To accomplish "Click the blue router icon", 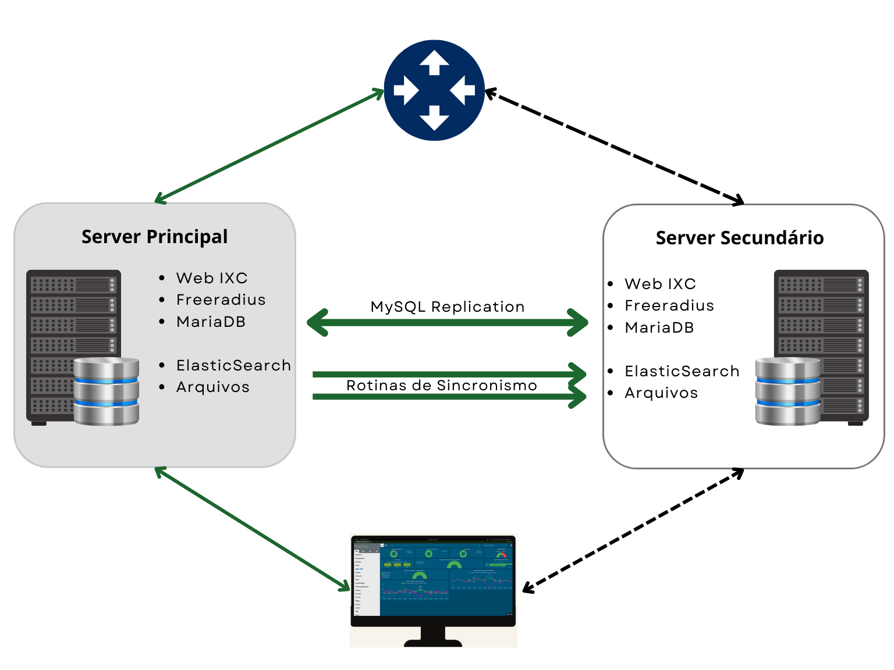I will pos(434,90).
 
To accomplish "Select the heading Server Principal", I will pos(154,237).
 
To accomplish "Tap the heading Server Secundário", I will pos(739,238).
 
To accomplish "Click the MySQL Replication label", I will pos(448,307).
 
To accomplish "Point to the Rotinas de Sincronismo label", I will pos(441,385).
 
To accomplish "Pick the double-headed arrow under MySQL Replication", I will pos(447,323).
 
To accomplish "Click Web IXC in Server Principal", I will pos(212,278).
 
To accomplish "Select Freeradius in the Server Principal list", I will pos(221,300).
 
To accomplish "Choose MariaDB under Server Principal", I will pos(211,322).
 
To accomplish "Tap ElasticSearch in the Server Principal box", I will pos(233,365).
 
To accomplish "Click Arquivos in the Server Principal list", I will pos(212,387).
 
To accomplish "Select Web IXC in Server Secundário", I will pos(660,284).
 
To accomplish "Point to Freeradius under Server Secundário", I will pos(669,305).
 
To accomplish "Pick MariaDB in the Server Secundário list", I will pos(659,327).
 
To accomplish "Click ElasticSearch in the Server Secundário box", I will pos(682,371).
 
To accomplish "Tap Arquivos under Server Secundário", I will pos(661,393).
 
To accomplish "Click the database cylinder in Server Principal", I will pos(107,391).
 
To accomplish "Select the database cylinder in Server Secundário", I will pos(787,391).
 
